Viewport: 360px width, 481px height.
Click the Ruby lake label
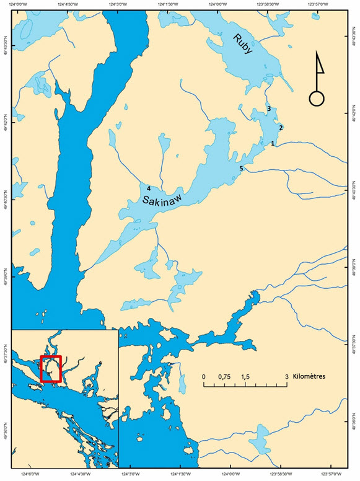(243, 45)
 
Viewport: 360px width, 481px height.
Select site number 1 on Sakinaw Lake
(273, 143)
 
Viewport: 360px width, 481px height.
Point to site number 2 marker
(281, 128)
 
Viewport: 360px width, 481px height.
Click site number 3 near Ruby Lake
(268, 109)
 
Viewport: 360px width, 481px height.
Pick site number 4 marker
(149, 180)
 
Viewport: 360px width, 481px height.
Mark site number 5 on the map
(241, 169)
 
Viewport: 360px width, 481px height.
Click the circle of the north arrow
(317, 98)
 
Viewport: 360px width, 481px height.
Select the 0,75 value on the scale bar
(225, 376)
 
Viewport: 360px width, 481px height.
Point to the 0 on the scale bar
(204, 376)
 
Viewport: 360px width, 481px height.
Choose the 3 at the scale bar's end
(286, 376)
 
